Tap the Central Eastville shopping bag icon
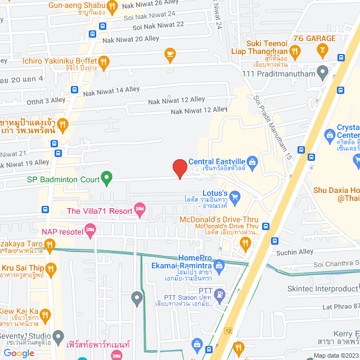253,163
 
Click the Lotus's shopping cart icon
235,196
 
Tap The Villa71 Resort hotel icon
140,211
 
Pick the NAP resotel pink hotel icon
91,230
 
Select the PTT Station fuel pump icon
219,293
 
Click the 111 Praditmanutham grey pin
322,71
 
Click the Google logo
19,353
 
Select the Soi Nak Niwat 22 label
158,25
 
